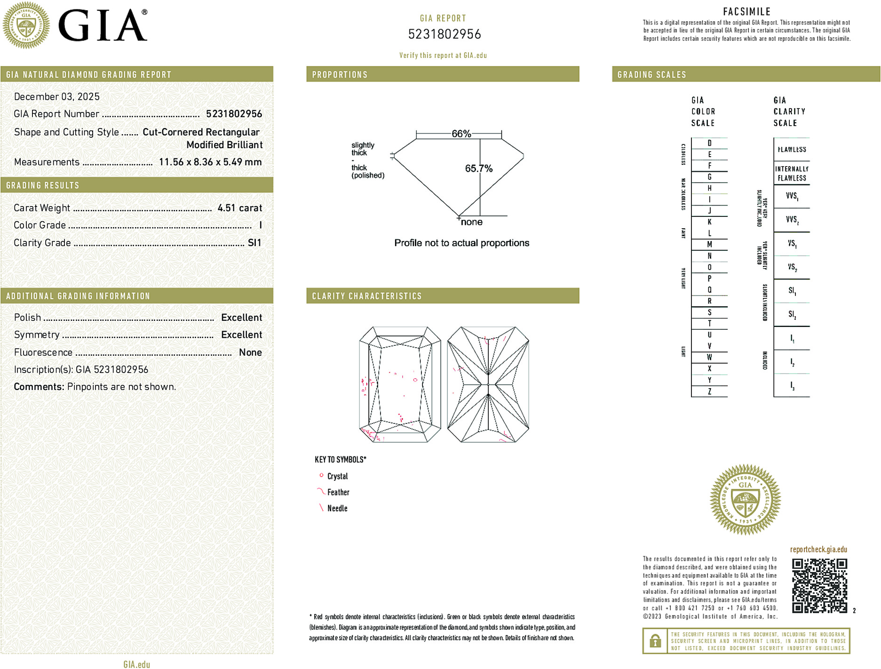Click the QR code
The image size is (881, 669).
(819, 585)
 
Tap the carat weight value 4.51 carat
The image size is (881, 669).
(239, 208)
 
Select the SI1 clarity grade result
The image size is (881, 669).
(254, 243)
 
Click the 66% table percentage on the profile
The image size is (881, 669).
(461, 134)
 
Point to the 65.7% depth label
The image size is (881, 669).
(478, 168)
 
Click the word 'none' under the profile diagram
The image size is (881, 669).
(471, 222)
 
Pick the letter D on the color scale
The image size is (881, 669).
(709, 143)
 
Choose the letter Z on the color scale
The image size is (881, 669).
(709, 391)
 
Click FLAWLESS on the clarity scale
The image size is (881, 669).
(792, 150)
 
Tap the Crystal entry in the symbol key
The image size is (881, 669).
(337, 476)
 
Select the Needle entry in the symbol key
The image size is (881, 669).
(337, 508)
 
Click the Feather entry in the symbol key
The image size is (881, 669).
(338, 492)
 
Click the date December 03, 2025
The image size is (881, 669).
(57, 96)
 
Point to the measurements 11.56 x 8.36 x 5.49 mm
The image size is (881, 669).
(210, 162)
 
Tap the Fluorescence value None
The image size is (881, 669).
(250, 352)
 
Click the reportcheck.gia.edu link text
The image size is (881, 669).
(818, 549)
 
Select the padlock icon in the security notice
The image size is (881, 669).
(655, 641)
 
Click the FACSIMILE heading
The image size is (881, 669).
(746, 12)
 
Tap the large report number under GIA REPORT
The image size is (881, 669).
(444, 34)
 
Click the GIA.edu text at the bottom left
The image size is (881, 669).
(136, 664)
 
